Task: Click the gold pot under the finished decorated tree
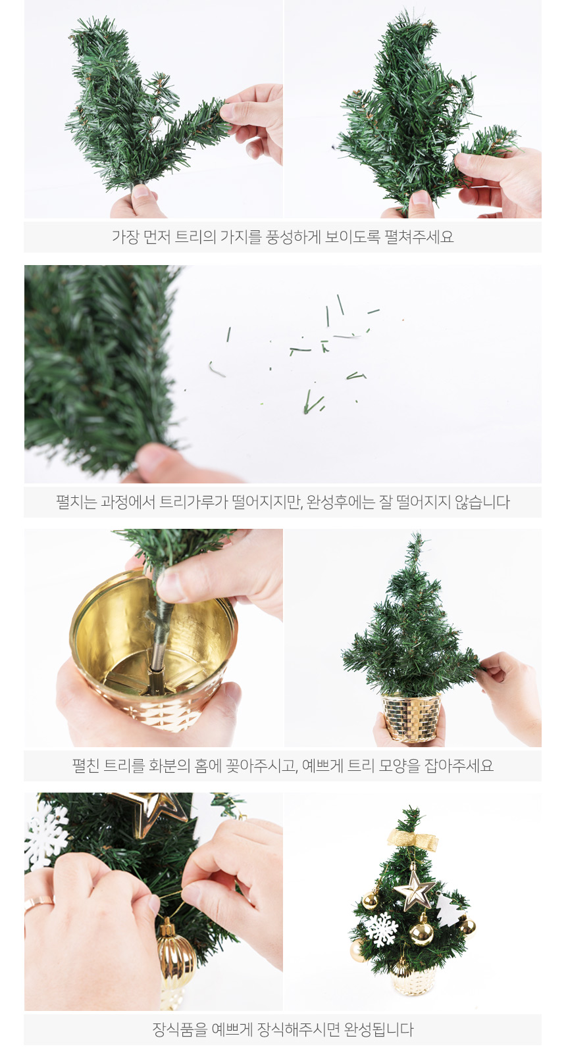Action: coord(413,980)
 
